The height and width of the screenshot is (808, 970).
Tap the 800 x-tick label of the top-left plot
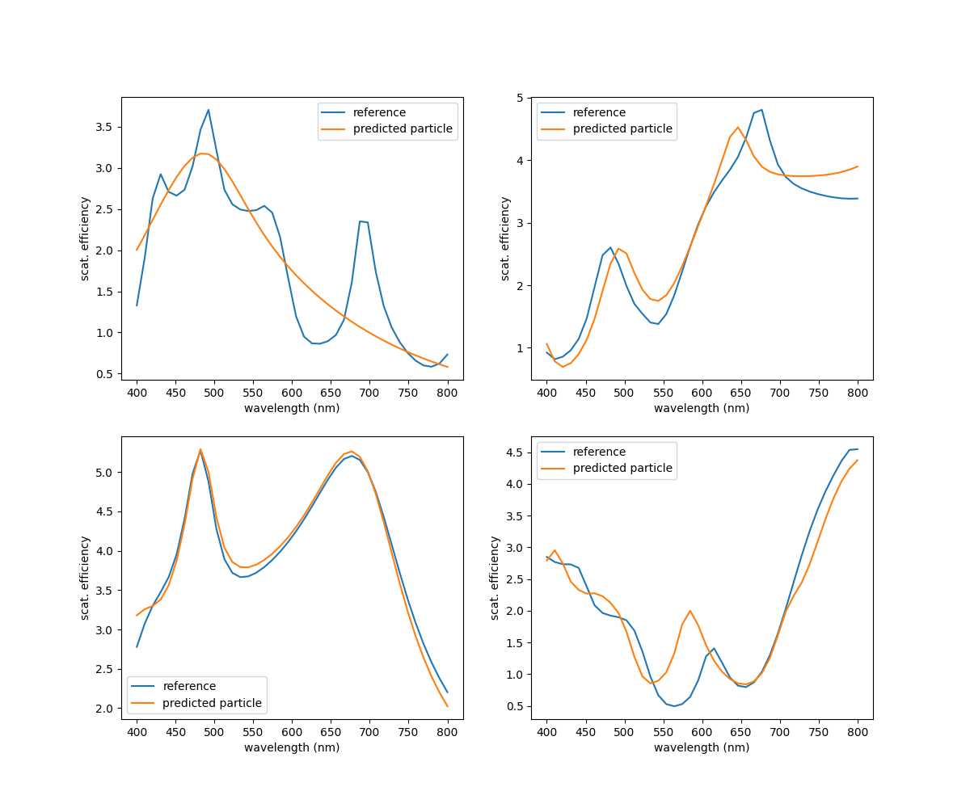447,393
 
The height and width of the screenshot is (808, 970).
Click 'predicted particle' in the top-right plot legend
622,129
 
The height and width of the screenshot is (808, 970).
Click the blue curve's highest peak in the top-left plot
208,110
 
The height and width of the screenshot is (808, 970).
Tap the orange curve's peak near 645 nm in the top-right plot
738,127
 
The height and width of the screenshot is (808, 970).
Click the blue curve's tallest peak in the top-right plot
761,110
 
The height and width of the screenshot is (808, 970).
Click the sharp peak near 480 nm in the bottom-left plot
200,449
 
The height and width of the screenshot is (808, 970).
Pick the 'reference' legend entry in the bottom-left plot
189,686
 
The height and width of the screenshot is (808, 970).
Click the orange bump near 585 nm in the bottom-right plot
690,611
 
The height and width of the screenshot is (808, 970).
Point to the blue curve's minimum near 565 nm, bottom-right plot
674,706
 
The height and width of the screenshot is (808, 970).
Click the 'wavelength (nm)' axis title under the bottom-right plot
702,747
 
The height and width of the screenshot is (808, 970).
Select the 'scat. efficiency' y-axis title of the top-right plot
505,238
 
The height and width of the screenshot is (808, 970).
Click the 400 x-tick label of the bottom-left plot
137,732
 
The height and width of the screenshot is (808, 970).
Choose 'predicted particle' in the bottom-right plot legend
622,469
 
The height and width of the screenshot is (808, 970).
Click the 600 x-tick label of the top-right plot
702,393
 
